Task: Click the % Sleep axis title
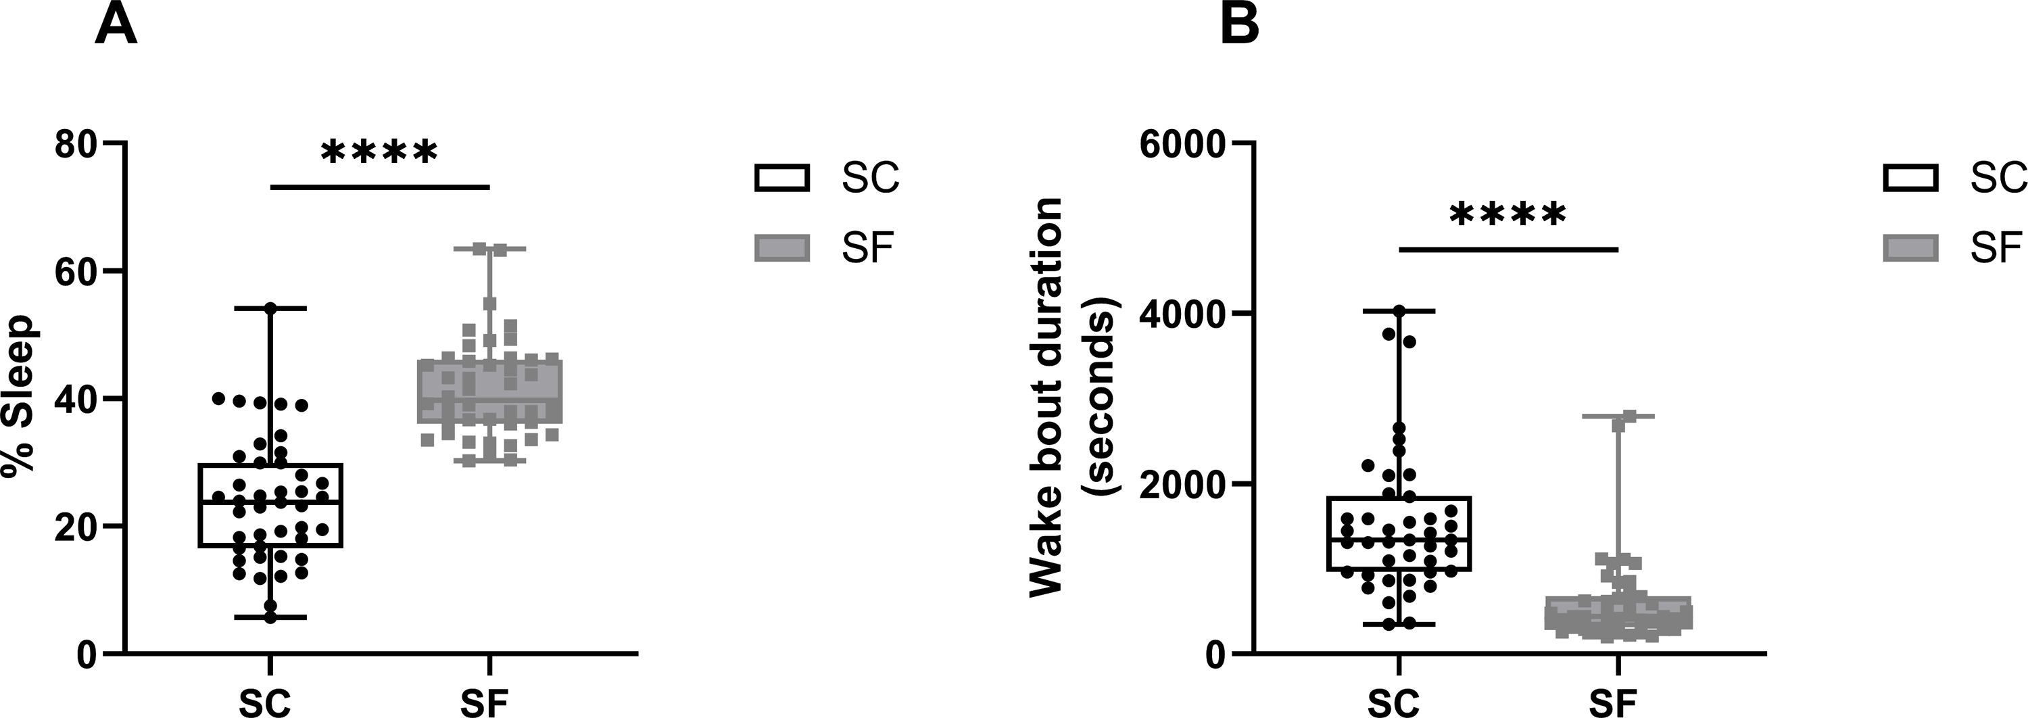click(19, 396)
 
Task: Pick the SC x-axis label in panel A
click(265, 702)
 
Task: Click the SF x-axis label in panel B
click(1614, 702)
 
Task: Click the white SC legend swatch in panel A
click(781, 178)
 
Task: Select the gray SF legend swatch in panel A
click(781, 248)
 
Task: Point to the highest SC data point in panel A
click(270, 308)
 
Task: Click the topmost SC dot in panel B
click(1399, 312)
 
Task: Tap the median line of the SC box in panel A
click(270, 502)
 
